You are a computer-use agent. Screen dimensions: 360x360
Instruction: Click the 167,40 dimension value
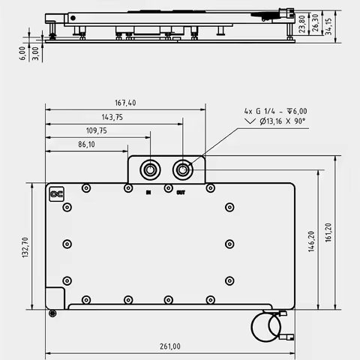coord(125,103)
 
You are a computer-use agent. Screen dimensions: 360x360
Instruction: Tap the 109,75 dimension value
coord(97,130)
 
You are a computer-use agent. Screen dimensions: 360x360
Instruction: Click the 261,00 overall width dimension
coord(169,346)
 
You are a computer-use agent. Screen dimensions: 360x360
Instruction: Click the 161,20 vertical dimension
coord(328,232)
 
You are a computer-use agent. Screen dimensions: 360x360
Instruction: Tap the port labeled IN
coord(150,169)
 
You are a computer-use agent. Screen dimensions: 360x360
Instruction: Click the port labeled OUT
coord(182,169)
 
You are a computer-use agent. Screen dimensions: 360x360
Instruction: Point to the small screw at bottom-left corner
coord(52,313)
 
